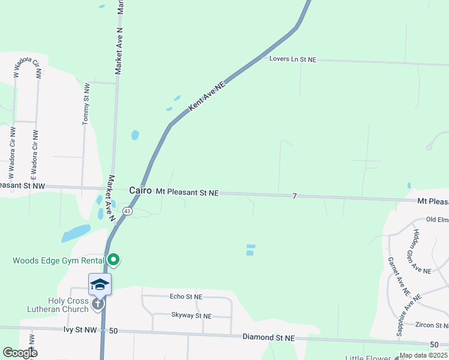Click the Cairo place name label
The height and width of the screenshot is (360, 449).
[x=140, y=191]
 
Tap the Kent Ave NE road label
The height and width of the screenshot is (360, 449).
[x=206, y=96]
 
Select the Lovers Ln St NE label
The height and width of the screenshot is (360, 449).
[x=292, y=59]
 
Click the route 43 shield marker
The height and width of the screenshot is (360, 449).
[x=127, y=211]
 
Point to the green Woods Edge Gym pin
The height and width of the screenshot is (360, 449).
[x=113, y=260]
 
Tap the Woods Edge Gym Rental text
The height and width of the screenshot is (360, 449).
[x=58, y=260]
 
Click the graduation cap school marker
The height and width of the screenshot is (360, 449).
[x=100, y=284]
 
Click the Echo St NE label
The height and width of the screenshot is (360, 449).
[x=186, y=296]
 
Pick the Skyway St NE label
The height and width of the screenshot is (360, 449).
[x=191, y=316]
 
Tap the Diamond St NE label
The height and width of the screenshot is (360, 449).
[x=269, y=338]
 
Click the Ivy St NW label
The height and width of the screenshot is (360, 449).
[x=80, y=330]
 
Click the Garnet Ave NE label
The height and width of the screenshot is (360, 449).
[x=399, y=277]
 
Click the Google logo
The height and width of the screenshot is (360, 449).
[x=20, y=353]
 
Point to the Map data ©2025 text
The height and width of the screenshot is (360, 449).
[x=423, y=355]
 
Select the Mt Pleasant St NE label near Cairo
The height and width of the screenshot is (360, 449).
[x=187, y=193]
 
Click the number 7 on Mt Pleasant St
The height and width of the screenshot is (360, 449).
[x=295, y=196]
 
